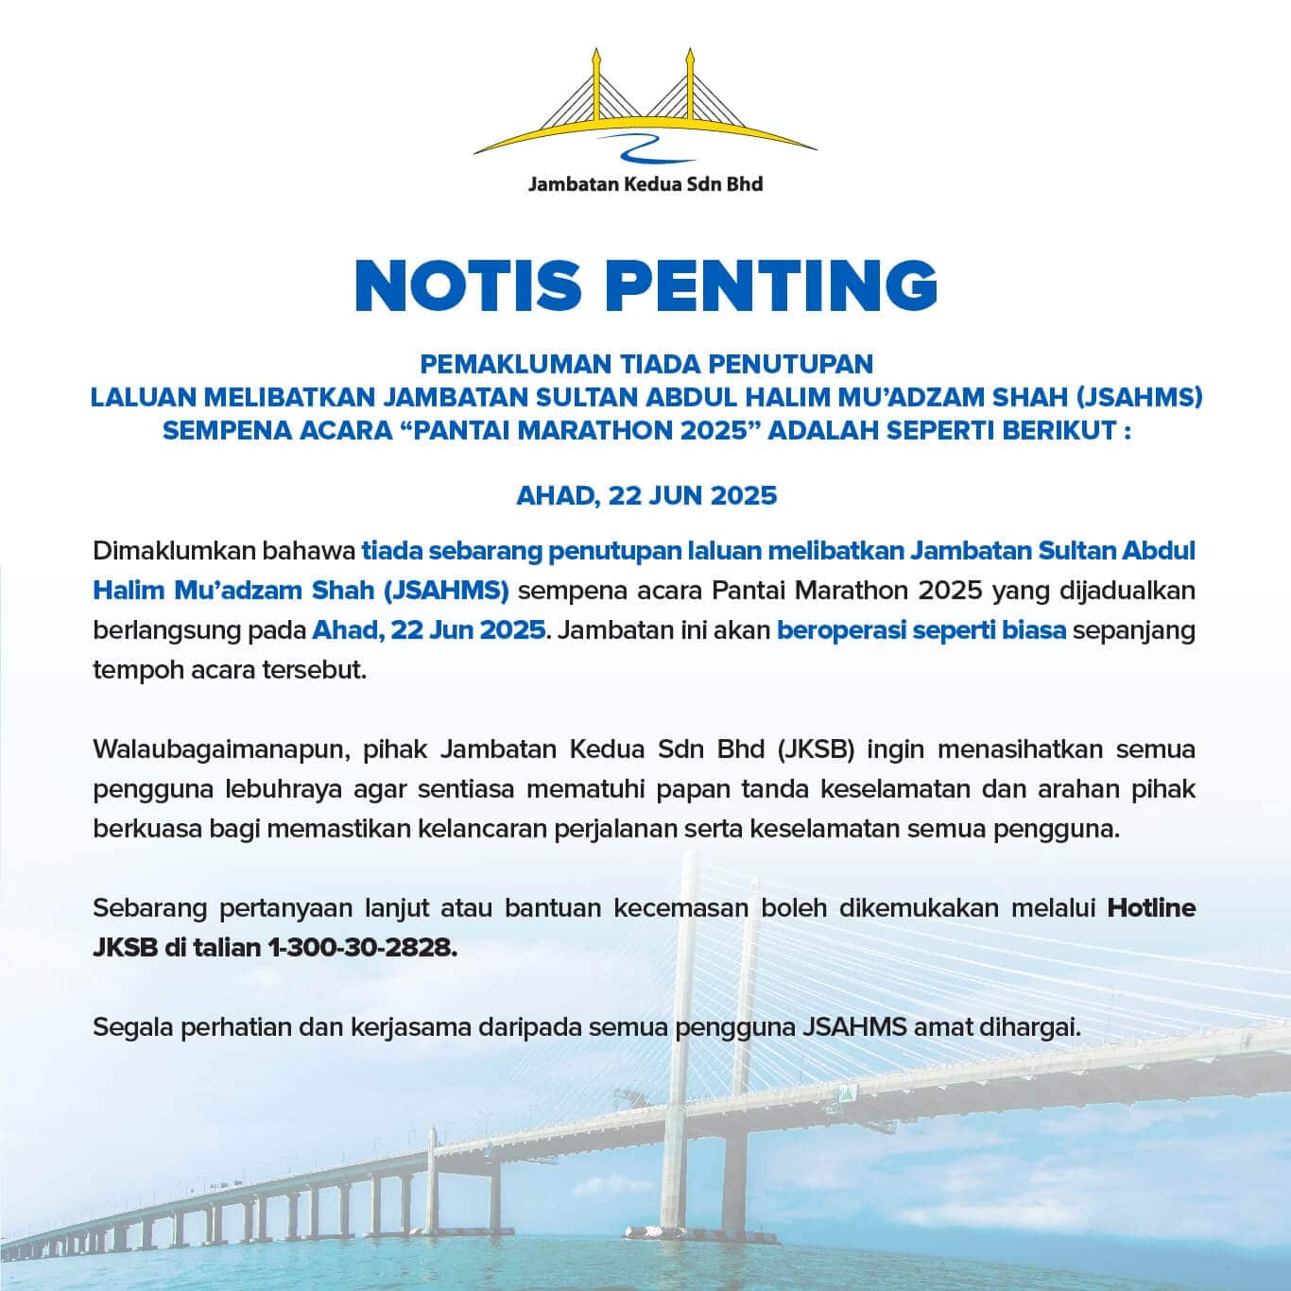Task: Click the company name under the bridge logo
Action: (x=645, y=184)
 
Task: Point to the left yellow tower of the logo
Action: (x=596, y=85)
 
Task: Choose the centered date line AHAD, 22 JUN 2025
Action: (x=646, y=495)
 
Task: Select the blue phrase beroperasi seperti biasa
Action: (x=921, y=629)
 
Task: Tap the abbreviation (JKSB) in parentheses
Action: (x=817, y=749)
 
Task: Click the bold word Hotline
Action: (x=1151, y=908)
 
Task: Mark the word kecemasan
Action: (x=670, y=908)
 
